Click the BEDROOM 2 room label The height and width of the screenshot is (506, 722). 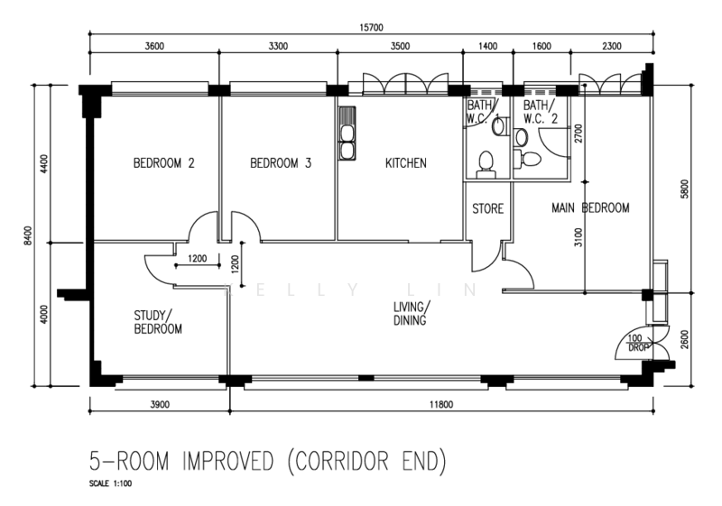click(x=164, y=163)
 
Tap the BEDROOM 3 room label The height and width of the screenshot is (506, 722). click(x=281, y=163)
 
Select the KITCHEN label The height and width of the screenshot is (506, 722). click(x=406, y=163)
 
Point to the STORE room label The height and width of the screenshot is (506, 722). click(x=487, y=209)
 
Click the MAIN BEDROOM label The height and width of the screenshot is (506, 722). click(x=590, y=208)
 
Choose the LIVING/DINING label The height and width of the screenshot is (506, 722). click(x=412, y=313)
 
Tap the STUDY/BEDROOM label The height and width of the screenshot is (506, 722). click(x=158, y=322)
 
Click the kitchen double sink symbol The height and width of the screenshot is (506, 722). click(x=347, y=133)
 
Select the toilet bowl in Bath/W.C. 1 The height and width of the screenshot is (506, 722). click(x=486, y=165)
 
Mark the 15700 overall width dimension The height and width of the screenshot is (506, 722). click(x=371, y=28)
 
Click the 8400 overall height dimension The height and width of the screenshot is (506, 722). click(x=29, y=235)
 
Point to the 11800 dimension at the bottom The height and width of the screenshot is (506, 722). click(x=441, y=404)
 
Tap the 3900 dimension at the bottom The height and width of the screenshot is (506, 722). click(x=160, y=404)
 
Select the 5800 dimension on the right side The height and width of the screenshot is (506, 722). click(x=684, y=189)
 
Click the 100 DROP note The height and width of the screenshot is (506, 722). click(x=637, y=343)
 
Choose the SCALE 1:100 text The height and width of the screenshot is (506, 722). click(x=110, y=483)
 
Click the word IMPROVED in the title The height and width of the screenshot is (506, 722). click(x=228, y=462)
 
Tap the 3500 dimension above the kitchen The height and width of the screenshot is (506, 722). click(x=400, y=46)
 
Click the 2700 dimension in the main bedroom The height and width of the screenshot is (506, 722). click(x=579, y=133)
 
